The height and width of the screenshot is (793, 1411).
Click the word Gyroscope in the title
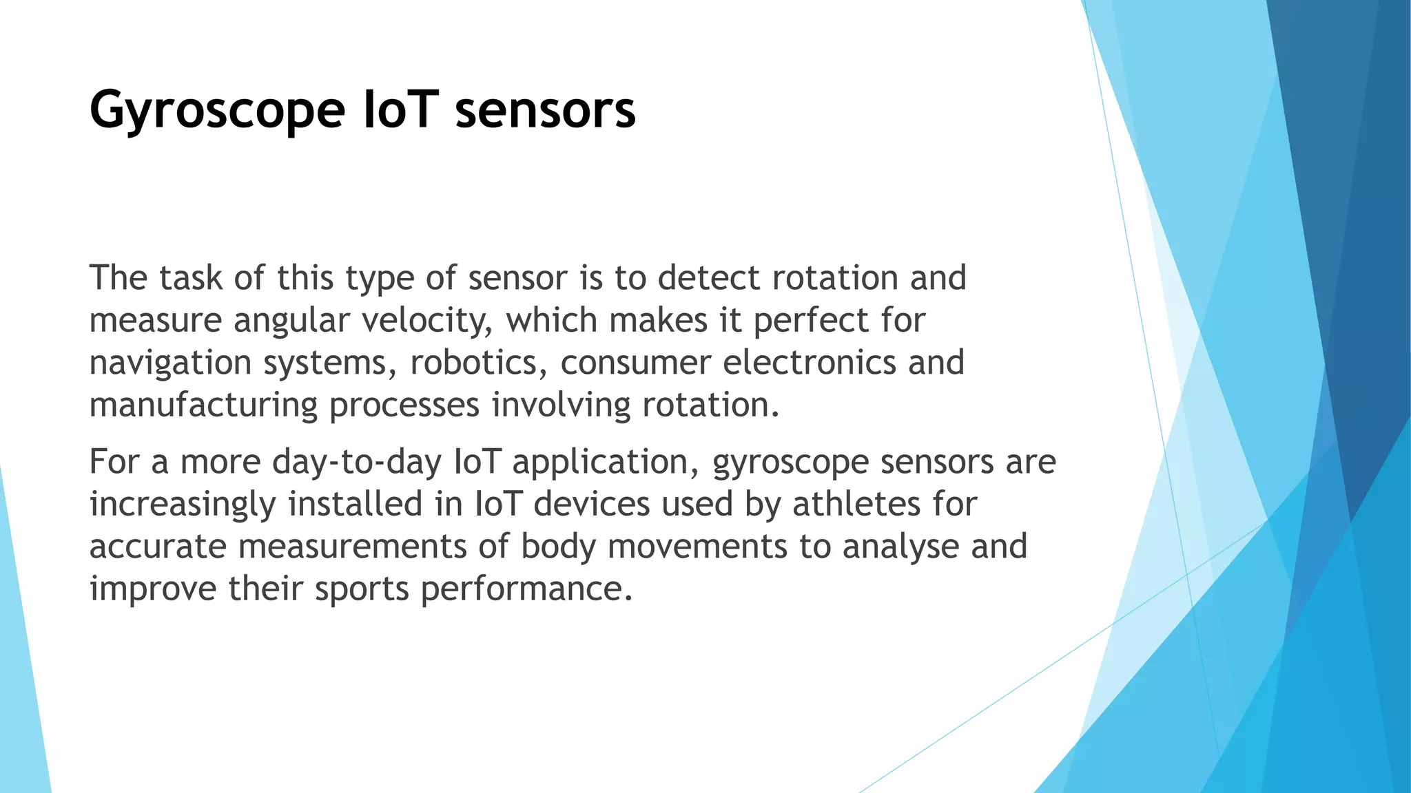tap(216, 110)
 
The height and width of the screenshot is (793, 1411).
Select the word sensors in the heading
tap(545, 110)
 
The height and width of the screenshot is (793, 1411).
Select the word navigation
tap(170, 363)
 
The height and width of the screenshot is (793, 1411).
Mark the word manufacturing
tap(203, 405)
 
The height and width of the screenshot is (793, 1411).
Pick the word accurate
tap(158, 547)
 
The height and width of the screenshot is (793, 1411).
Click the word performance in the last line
tap(526, 589)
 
